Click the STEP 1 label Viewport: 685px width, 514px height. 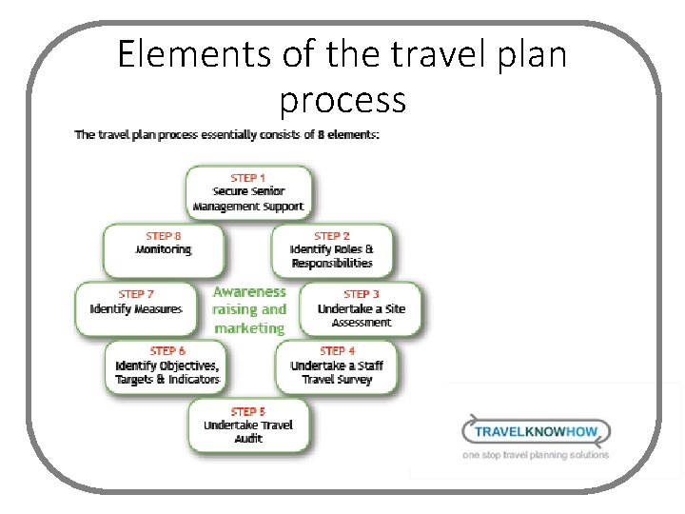[248, 178]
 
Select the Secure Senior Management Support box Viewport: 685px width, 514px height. [248, 193]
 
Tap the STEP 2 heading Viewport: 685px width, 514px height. [332, 235]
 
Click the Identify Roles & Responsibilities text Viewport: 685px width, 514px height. [332, 257]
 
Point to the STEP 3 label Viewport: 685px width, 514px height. [362, 294]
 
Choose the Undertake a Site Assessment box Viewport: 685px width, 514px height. [361, 310]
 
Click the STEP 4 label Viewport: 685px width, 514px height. [339, 351]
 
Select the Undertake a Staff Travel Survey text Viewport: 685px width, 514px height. [337, 373]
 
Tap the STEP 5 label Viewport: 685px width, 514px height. [248, 411]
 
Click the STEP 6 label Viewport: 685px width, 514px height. [167, 351]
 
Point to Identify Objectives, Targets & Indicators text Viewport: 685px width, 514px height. [167, 373]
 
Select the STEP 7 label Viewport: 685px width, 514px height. [137, 294]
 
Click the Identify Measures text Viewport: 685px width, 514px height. [136, 309]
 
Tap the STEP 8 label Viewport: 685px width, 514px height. [164, 235]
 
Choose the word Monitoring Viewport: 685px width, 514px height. [164, 249]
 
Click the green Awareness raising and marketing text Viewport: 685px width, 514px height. [249, 310]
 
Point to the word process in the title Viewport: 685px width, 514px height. [342, 99]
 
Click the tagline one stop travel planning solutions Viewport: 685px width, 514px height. [536, 455]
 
